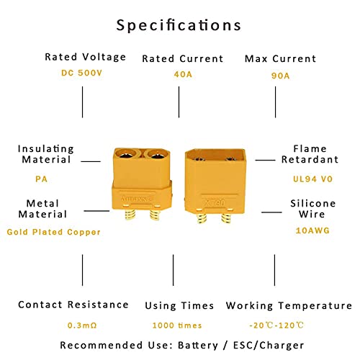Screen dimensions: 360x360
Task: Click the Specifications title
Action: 179,25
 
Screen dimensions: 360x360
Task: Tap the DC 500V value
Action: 82,73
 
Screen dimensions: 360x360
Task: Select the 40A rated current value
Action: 183,74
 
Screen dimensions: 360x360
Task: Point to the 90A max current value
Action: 280,76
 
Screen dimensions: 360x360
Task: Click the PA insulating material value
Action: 41,179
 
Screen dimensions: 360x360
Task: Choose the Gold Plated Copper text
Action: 53,232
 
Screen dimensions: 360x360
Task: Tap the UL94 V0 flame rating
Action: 312,179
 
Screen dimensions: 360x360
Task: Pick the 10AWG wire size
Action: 312,230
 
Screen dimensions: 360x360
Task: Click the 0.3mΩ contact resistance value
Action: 82,325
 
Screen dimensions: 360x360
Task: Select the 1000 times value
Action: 177,325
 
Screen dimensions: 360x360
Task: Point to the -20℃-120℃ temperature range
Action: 276,325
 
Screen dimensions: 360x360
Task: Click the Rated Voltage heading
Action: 86,57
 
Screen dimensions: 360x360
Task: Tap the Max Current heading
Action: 280,58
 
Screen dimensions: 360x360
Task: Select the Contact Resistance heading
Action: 73,305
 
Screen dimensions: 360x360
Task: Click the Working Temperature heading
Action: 289,306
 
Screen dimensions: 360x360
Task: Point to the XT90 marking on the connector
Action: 215,203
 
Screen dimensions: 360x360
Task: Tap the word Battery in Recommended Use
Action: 198,346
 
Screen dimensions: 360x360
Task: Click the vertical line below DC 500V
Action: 83,102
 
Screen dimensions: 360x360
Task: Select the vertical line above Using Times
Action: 174,270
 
